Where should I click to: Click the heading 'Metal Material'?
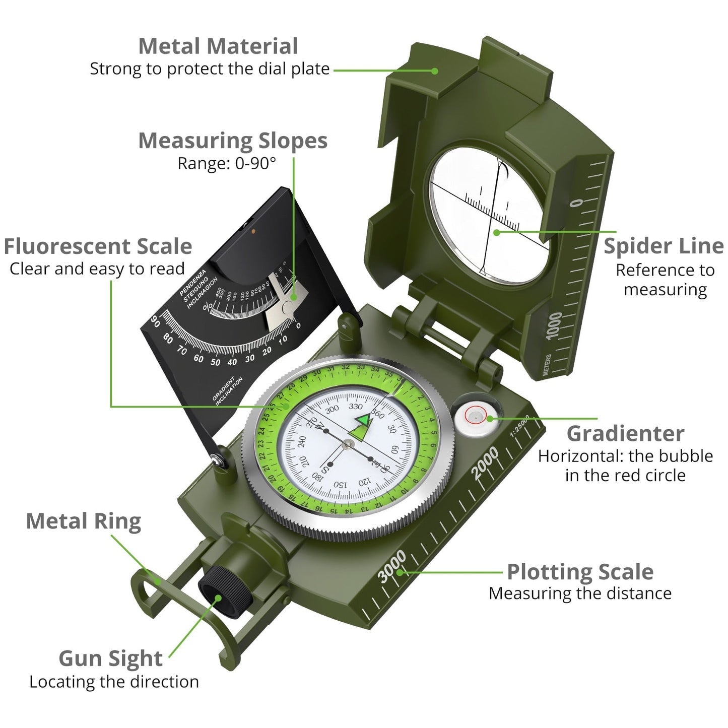[218, 46]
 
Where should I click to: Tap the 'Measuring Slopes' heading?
[232, 141]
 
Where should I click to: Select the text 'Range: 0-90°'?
[227, 163]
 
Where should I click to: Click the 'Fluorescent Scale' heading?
[98, 246]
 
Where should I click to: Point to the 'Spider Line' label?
[664, 246]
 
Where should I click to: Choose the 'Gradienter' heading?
[625, 433]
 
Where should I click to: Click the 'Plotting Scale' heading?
[580, 572]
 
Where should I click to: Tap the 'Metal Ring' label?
[83, 521]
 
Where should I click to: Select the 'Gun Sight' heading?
[110, 658]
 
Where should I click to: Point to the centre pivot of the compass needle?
[348, 444]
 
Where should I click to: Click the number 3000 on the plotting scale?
[392, 566]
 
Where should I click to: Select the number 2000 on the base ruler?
[485, 462]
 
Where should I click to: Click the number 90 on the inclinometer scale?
[156, 321]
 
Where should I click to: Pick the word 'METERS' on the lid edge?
[548, 364]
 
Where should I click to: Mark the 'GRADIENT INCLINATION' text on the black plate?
[228, 390]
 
